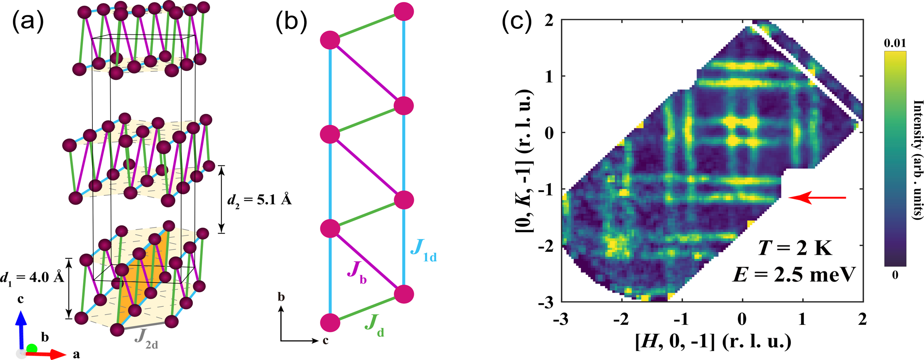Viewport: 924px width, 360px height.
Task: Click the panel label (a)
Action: coord(27,23)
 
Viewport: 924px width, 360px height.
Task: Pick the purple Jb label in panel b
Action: coord(357,274)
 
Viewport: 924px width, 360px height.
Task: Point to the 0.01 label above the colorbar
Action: coord(895,43)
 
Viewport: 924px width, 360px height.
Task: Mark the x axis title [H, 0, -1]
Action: coord(712,341)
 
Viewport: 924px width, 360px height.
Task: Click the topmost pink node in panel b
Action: coord(404,11)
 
